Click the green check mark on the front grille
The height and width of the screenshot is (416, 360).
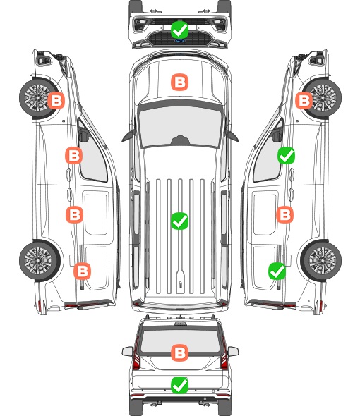click(x=179, y=30)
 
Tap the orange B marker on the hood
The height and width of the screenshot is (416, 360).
click(x=179, y=82)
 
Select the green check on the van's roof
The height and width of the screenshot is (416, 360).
click(x=179, y=221)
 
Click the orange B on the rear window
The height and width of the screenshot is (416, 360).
click(x=179, y=353)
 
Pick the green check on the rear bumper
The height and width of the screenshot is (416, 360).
click(x=179, y=385)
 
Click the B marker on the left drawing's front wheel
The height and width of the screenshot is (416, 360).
click(x=56, y=101)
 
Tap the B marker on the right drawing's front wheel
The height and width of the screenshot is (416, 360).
click(x=304, y=101)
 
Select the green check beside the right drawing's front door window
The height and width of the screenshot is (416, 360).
click(x=286, y=155)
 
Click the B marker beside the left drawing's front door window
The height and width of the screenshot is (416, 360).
click(x=74, y=155)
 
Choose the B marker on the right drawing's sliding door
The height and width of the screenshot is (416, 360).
click(x=284, y=214)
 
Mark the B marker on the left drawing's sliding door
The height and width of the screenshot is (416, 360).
click(x=74, y=214)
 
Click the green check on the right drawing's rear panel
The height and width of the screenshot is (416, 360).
click(x=277, y=271)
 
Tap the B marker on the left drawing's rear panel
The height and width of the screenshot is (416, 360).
click(x=82, y=271)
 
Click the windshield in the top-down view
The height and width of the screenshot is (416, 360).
click(x=180, y=127)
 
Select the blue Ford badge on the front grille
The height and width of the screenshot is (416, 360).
click(x=179, y=41)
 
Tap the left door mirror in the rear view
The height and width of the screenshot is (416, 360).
click(x=127, y=351)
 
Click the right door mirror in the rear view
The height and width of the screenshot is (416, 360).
click(x=233, y=351)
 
